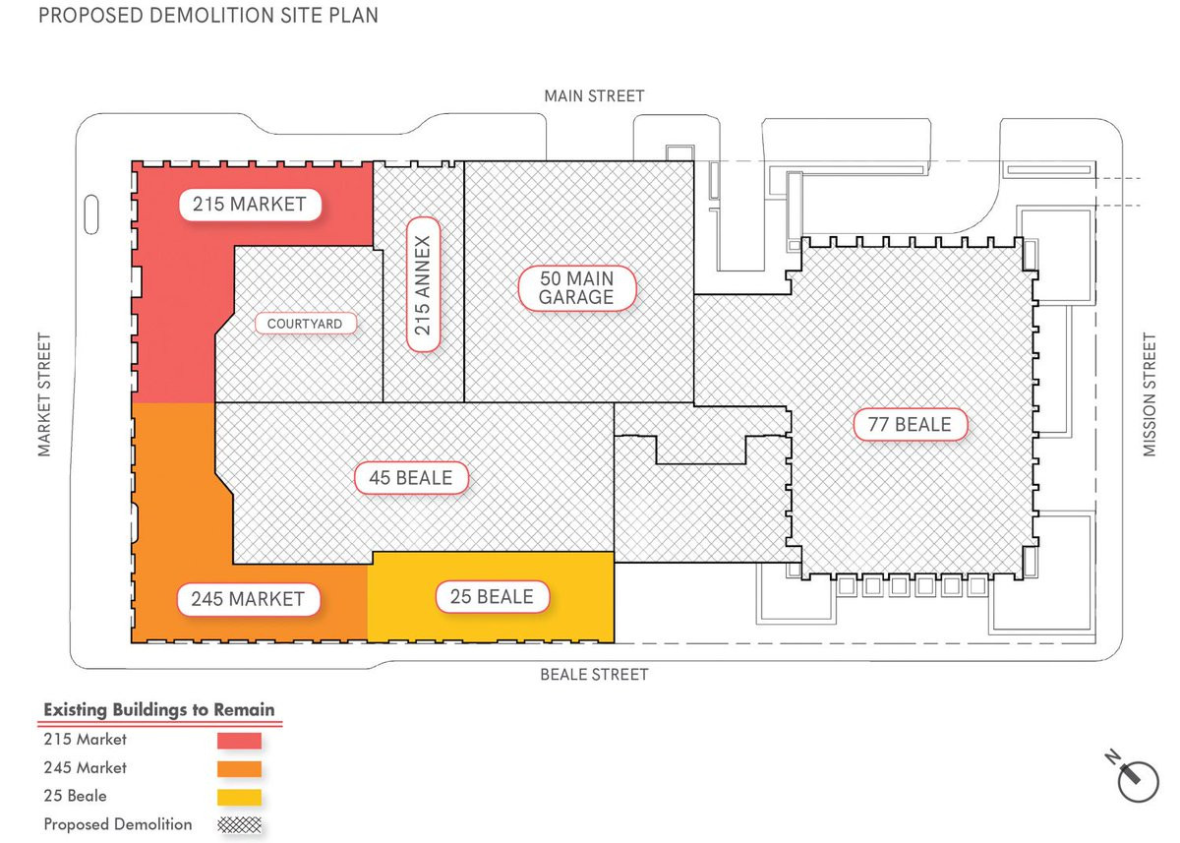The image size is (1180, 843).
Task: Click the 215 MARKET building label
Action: pos(250,205)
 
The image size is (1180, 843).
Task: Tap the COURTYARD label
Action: pos(305,323)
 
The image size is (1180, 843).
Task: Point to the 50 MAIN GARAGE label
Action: pos(577,288)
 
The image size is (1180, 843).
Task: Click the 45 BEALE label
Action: pos(410,478)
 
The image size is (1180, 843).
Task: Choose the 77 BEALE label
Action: pos(910,425)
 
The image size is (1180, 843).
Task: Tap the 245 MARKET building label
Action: pos(248,598)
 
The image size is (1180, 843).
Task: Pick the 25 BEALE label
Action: pos(492,596)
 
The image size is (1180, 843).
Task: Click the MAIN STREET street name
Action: pos(595,95)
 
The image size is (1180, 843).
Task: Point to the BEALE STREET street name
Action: pos(595,675)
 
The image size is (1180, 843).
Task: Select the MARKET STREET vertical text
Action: pos(43,394)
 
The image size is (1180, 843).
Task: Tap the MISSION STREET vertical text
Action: pos(1150,394)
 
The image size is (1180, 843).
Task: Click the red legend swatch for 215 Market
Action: pos(239,741)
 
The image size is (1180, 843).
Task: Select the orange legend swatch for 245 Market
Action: pos(239,768)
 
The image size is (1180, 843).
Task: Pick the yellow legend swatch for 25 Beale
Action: pos(239,796)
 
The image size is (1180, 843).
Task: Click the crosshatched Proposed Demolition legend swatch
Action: pos(239,824)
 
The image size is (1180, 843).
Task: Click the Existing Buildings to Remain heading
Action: pos(159,709)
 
